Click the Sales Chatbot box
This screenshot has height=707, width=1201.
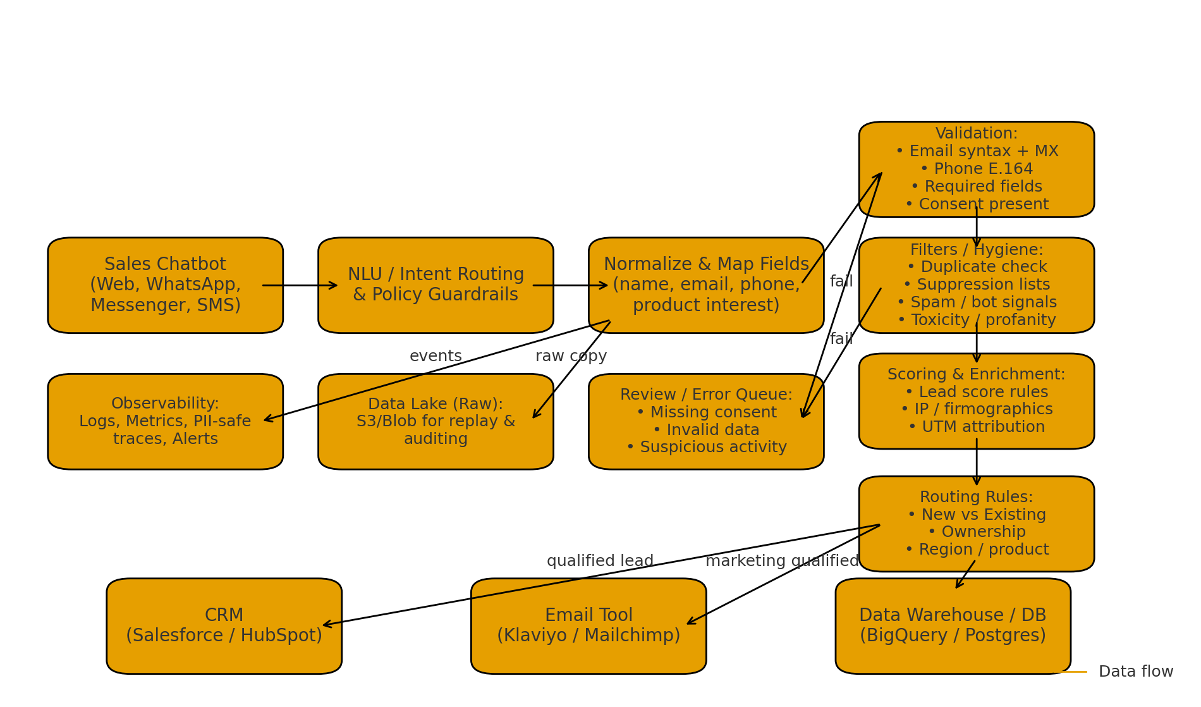165,285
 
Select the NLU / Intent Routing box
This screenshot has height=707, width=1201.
436,285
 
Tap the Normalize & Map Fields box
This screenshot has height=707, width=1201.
706,285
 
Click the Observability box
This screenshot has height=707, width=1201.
165,422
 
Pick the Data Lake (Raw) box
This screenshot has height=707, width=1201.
436,422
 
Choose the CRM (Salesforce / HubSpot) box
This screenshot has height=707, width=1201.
224,626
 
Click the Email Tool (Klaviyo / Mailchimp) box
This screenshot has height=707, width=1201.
588,626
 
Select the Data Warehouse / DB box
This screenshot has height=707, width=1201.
953,626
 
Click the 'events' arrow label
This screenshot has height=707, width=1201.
436,357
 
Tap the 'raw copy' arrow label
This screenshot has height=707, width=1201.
571,357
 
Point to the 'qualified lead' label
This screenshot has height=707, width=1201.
600,562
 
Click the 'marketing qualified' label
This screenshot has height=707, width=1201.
782,562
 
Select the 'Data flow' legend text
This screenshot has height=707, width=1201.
1135,672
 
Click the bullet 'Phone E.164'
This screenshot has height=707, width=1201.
977,169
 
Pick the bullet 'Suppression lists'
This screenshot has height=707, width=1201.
977,285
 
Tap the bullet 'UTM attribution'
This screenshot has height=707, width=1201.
977,427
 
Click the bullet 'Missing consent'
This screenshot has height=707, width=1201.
706,413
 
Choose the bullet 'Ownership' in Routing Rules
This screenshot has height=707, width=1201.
977,532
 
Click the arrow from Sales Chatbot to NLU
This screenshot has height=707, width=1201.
300,285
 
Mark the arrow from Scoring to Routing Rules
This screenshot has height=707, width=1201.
977,462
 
